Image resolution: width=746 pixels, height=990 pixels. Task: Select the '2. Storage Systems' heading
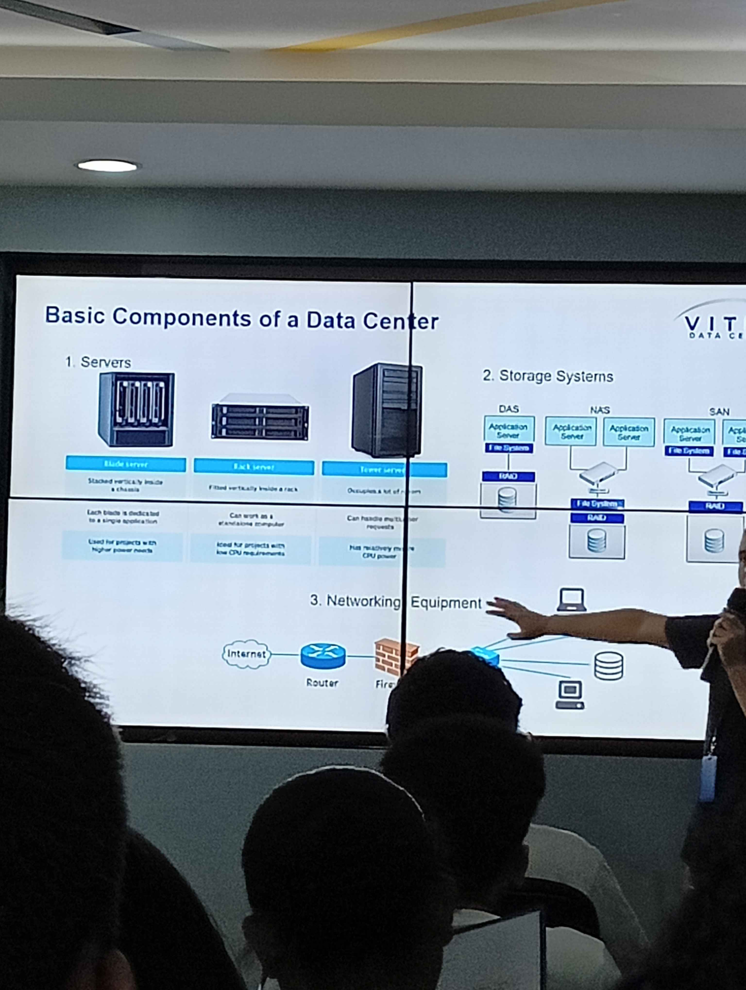(547, 376)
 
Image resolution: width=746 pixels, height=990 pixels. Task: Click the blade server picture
(136, 410)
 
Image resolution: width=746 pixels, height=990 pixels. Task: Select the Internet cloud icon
(246, 654)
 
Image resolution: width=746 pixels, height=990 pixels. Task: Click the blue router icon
(323, 656)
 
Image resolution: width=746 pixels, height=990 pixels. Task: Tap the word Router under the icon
(322, 683)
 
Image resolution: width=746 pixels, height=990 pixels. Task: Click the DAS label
(509, 409)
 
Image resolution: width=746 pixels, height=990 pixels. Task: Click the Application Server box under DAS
(508, 430)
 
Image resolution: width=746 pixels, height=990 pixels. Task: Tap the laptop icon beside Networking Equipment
(571, 600)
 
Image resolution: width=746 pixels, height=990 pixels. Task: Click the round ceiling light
(108, 166)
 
